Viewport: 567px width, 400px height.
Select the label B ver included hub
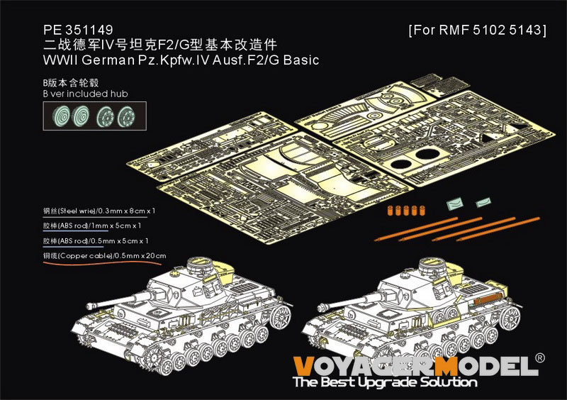86,94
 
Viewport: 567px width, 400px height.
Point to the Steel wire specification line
99,211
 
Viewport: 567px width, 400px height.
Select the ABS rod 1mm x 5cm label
91,226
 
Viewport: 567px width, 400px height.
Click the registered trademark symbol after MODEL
541,359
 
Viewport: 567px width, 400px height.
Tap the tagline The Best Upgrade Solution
386,382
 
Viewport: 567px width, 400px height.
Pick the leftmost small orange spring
389,210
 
